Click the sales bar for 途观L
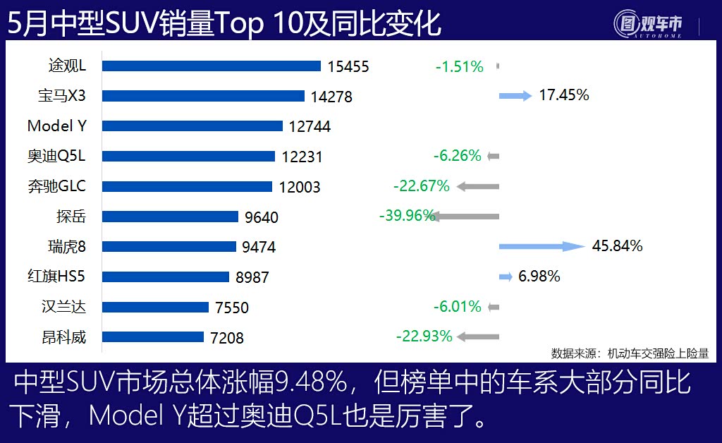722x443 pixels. tap(212, 66)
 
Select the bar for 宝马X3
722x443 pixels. tap(204, 96)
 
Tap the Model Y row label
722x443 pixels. tap(56, 126)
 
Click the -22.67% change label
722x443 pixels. tap(421, 186)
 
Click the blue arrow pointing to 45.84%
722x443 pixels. tap(541, 246)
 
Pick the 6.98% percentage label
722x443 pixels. tap(539, 277)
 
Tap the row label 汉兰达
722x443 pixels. tap(63, 307)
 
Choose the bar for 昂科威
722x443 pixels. tap(153, 337)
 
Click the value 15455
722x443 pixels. tap(348, 66)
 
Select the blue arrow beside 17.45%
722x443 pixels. tap(515, 96)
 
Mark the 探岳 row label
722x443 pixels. tap(71, 217)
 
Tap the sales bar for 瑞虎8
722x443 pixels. tap(169, 246)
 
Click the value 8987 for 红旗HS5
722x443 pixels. tap(252, 277)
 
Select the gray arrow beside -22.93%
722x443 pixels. tap(477, 337)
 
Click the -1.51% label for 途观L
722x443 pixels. tap(459, 67)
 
